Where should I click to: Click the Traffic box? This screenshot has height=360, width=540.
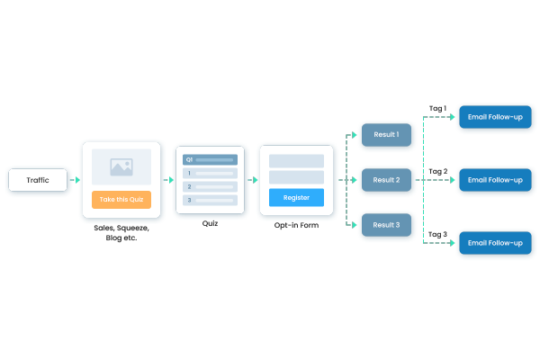coord(38,180)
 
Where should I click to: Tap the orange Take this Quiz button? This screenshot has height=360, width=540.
coord(121,199)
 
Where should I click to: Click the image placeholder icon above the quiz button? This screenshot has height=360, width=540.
coord(121,166)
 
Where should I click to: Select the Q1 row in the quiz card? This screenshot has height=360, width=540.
coord(210,159)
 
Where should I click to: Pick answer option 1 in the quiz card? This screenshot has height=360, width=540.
coord(210,173)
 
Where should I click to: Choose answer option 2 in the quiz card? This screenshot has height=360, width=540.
coord(210,186)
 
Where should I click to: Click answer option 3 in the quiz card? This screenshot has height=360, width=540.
coord(210,200)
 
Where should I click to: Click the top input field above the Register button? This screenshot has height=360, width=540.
coord(296,161)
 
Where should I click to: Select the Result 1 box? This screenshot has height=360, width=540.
coord(386,135)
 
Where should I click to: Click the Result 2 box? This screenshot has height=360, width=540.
coord(386,180)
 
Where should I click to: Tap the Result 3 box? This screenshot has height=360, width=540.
coord(386,224)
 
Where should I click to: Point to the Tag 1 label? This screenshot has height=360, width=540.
coord(437,108)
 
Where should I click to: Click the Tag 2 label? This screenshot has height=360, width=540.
coord(437,170)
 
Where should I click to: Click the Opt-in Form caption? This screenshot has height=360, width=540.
coord(296,225)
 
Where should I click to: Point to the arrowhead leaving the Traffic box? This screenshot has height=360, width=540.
coord(77,180)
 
